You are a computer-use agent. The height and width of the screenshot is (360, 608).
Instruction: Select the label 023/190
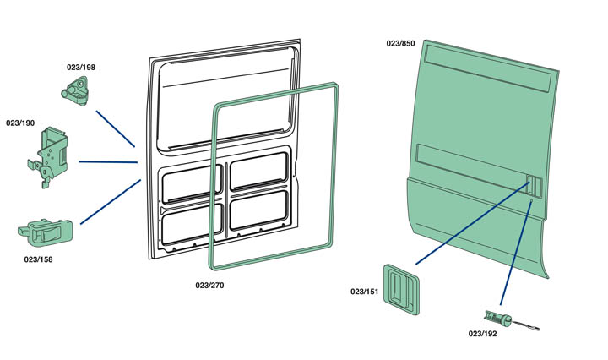tap(20, 123)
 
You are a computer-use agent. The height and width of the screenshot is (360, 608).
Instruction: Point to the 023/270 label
tap(209, 285)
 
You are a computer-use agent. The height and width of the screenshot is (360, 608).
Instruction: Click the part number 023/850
tap(400, 43)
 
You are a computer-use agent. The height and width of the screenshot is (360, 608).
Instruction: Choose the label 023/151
tap(365, 292)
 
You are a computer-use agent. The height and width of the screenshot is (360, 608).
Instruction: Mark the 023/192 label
tap(483, 334)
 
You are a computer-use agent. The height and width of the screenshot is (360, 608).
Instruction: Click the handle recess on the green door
tap(532, 185)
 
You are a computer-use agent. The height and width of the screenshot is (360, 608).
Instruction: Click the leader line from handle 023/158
tap(110, 201)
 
